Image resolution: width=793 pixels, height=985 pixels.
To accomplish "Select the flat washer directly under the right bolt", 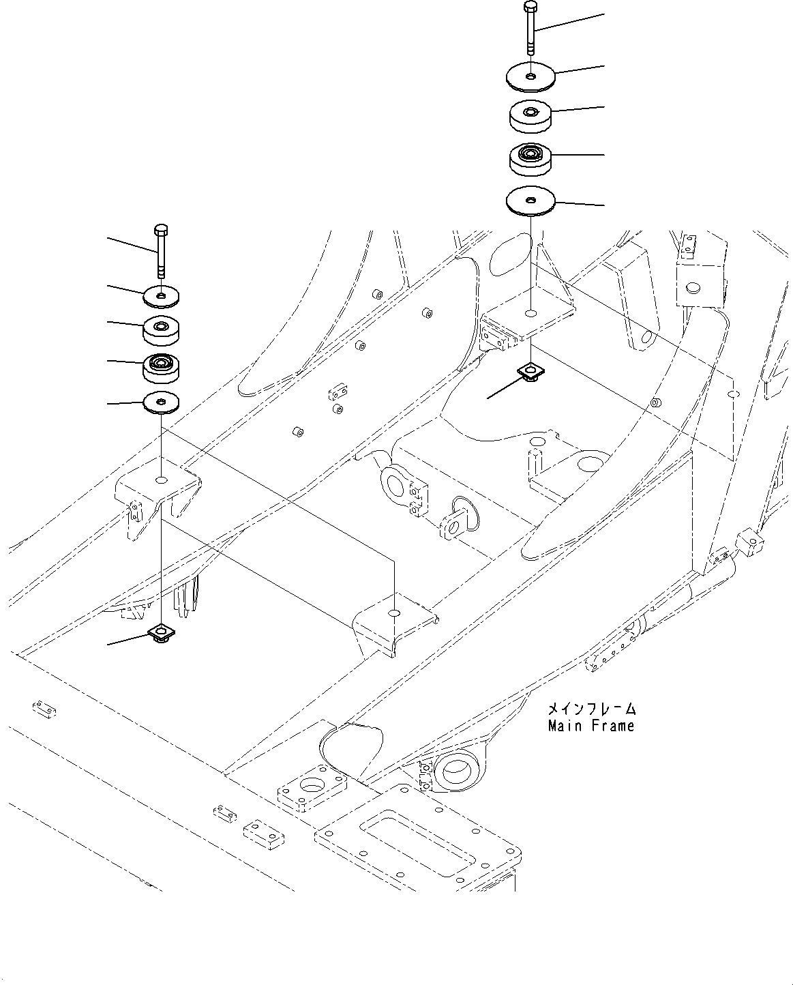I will point(530,76).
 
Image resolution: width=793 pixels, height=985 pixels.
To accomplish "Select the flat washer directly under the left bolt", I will point(161,295).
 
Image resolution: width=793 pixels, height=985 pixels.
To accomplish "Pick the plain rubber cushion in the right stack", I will point(530,115).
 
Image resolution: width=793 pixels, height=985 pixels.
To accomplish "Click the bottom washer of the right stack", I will point(530,201).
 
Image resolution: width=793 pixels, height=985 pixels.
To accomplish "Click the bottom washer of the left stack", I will point(161,402).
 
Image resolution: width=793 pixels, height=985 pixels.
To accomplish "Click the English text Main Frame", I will point(590,726).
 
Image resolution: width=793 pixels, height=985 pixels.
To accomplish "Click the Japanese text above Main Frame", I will point(590,709).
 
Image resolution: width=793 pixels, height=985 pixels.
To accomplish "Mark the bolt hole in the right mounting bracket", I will point(530,314).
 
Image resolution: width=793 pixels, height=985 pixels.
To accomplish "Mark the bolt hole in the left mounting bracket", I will point(161,480).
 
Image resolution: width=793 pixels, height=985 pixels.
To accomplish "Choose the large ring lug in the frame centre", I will point(395,484).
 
